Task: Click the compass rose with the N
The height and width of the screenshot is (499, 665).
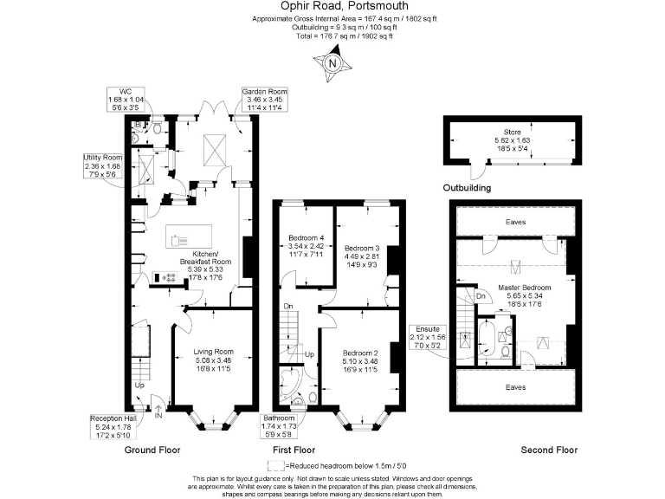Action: [332, 62]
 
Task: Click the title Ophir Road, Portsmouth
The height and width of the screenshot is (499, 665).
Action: [332, 7]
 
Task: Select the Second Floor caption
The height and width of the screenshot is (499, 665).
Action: [548, 450]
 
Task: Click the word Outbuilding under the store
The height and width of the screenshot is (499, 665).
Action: [468, 187]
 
